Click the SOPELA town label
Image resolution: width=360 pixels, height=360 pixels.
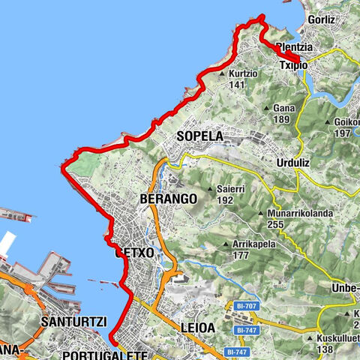tap(200, 136)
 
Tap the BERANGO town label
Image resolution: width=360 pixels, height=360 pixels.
tap(168, 199)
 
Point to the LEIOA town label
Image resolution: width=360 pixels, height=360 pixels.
tap(198, 328)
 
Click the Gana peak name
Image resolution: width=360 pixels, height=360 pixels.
tap(283, 107)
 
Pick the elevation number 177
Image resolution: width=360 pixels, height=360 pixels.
tap(239, 255)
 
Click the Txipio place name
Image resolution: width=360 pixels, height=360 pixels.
tap(295, 65)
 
